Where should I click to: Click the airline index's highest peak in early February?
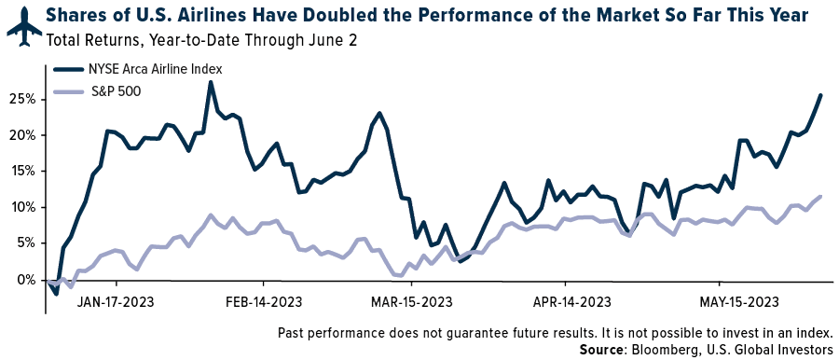[211, 82]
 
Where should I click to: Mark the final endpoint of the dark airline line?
[820, 95]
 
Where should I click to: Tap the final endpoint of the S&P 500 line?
[820, 196]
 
